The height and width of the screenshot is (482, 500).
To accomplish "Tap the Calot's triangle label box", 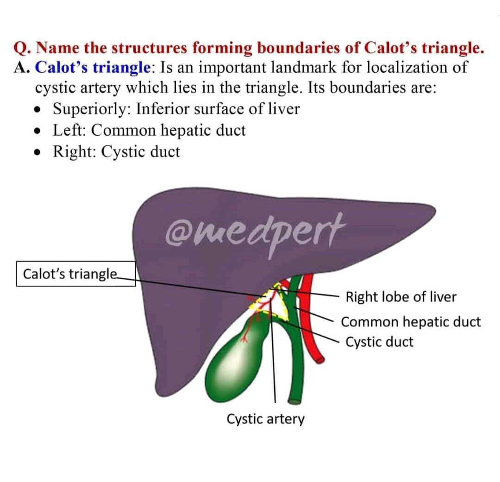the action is (x=76, y=274).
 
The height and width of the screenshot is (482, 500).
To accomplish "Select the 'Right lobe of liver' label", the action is (x=401, y=297).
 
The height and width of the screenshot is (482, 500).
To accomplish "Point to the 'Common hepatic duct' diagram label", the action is (x=411, y=322).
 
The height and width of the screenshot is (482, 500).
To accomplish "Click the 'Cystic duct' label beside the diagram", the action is (x=379, y=342).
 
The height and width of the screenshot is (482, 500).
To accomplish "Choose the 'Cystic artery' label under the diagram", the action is (x=265, y=419).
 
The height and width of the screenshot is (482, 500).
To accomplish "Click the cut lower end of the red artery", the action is (x=320, y=359).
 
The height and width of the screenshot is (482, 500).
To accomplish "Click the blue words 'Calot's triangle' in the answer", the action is (x=93, y=67).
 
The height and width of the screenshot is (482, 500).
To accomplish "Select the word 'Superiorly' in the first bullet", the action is (x=90, y=109).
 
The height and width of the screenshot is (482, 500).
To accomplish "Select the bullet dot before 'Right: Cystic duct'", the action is (x=37, y=152).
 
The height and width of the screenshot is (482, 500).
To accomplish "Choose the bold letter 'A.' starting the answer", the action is (x=22, y=68).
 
